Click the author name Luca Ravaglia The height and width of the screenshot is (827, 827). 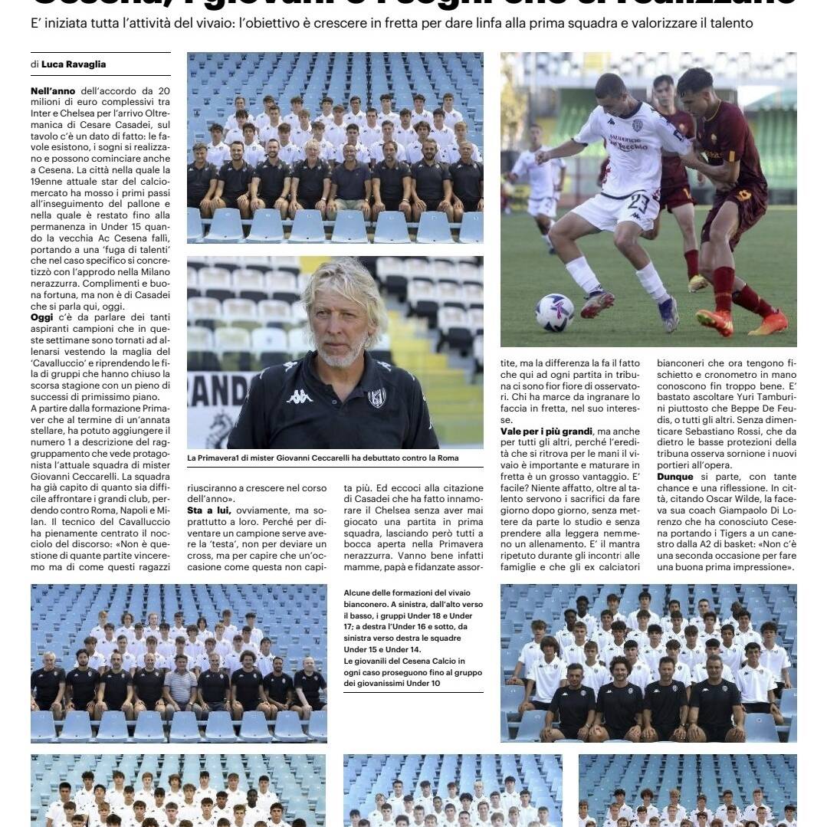pos(74,64)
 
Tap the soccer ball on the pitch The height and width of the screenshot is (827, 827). pos(555,312)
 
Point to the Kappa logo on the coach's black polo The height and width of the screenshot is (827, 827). pos(299,396)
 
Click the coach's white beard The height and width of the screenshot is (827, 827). pos(341,353)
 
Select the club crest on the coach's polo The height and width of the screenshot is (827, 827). pos(376,398)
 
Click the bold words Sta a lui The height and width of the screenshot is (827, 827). pos(209,510)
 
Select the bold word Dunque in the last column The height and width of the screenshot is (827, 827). pos(675,477)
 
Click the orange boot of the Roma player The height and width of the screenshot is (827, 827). pos(714,322)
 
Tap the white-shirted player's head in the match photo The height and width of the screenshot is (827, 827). pos(611,91)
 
